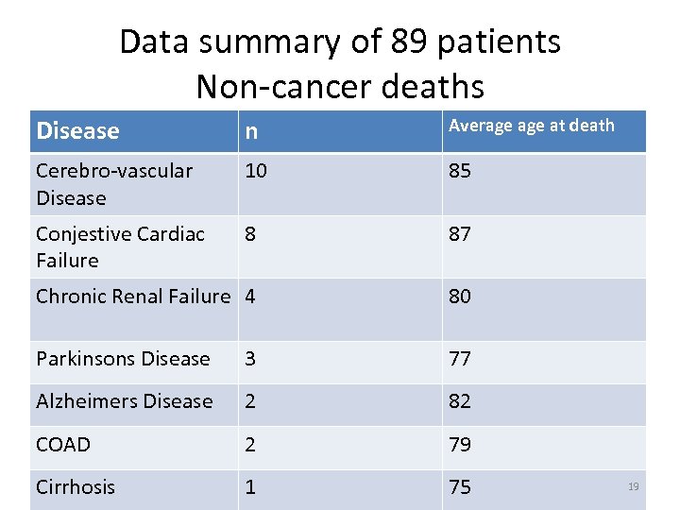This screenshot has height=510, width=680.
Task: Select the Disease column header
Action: [x=77, y=131]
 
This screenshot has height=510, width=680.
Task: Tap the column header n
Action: [x=251, y=132]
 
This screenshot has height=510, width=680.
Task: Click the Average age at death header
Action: [x=531, y=126]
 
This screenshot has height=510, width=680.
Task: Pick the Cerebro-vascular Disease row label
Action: [x=113, y=184]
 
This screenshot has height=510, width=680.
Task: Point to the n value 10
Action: [x=256, y=171]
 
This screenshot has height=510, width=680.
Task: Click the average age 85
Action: [x=460, y=171]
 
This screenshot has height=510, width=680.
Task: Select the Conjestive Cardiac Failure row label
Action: [x=120, y=246]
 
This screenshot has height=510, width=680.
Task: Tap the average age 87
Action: [x=460, y=234]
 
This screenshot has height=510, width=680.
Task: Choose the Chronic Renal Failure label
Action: [x=133, y=297]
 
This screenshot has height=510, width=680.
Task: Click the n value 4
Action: [x=250, y=297]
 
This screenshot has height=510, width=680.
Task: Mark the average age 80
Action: [x=460, y=297]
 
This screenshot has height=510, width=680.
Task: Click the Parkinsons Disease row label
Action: [x=123, y=359]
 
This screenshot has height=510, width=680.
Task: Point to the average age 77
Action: [x=460, y=359]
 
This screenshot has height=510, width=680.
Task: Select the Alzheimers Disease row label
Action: [x=124, y=401]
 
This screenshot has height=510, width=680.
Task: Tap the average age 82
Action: [x=460, y=401]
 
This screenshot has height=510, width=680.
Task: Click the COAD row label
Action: [x=62, y=444]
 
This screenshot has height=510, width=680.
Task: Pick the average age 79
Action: [x=460, y=444]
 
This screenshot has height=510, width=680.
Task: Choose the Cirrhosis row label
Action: [x=76, y=487]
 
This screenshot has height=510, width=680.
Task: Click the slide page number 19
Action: [x=633, y=486]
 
